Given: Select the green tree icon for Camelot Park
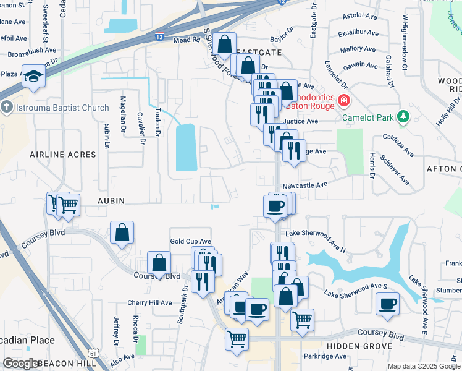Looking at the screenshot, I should pos(403,116).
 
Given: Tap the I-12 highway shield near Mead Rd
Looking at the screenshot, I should pos(159,37).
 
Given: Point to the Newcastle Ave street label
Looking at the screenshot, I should pos(304,185).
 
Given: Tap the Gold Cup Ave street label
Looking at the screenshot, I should pos(190,241).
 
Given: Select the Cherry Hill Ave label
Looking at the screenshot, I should pos(149,303).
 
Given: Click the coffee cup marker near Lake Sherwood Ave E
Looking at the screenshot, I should pos(388,304).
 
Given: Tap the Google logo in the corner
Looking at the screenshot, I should pos(21,364).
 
